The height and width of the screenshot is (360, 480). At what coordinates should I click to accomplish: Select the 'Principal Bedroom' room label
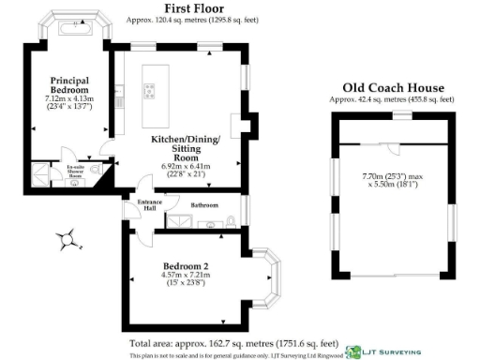[69, 85]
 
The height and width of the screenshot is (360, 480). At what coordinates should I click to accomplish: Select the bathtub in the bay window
[71, 30]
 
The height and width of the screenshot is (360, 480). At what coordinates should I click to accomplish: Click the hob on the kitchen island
[149, 90]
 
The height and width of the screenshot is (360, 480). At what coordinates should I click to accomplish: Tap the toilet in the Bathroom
[230, 222]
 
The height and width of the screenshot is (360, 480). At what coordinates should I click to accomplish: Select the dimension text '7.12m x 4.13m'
[69, 97]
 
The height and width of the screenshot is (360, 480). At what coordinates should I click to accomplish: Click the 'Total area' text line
[233, 343]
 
